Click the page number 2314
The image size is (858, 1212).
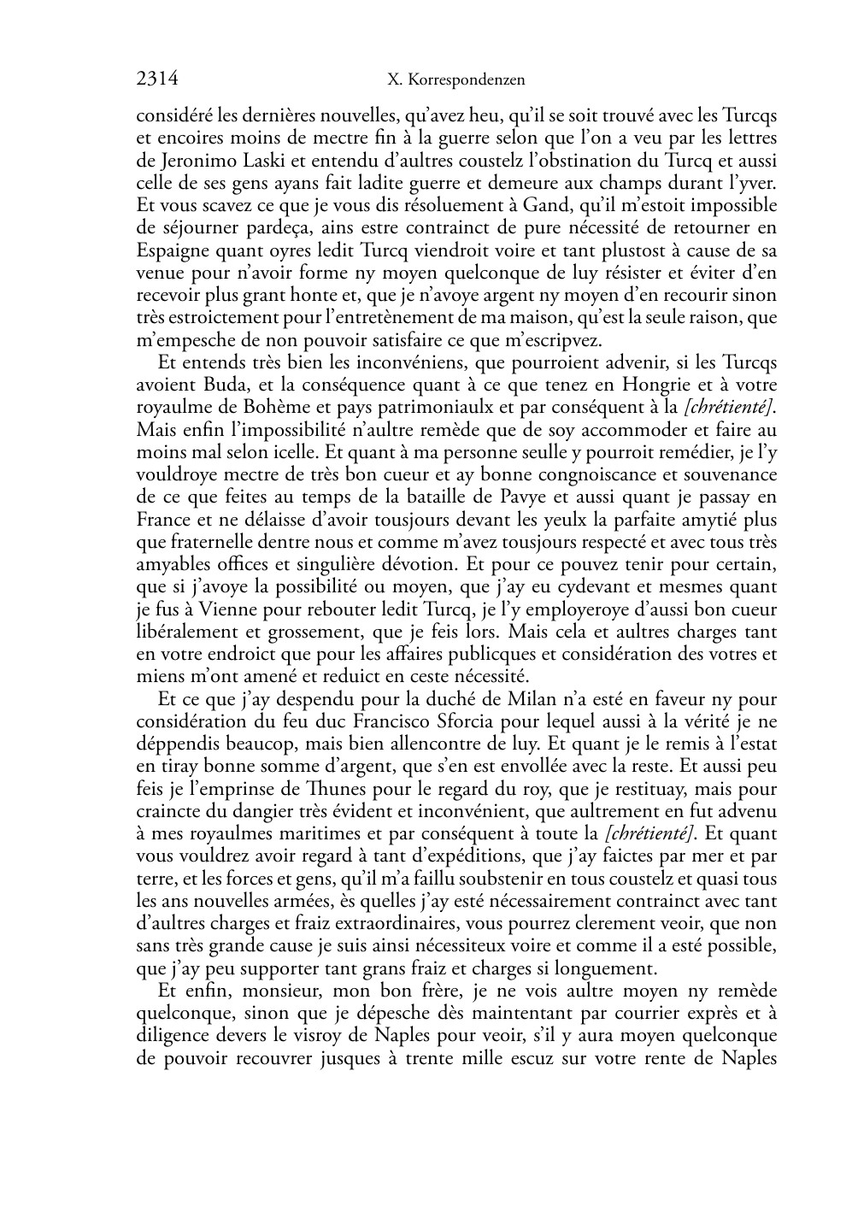click(x=157, y=79)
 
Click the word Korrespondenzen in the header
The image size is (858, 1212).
click(x=467, y=80)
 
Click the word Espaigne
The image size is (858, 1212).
click(x=171, y=250)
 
